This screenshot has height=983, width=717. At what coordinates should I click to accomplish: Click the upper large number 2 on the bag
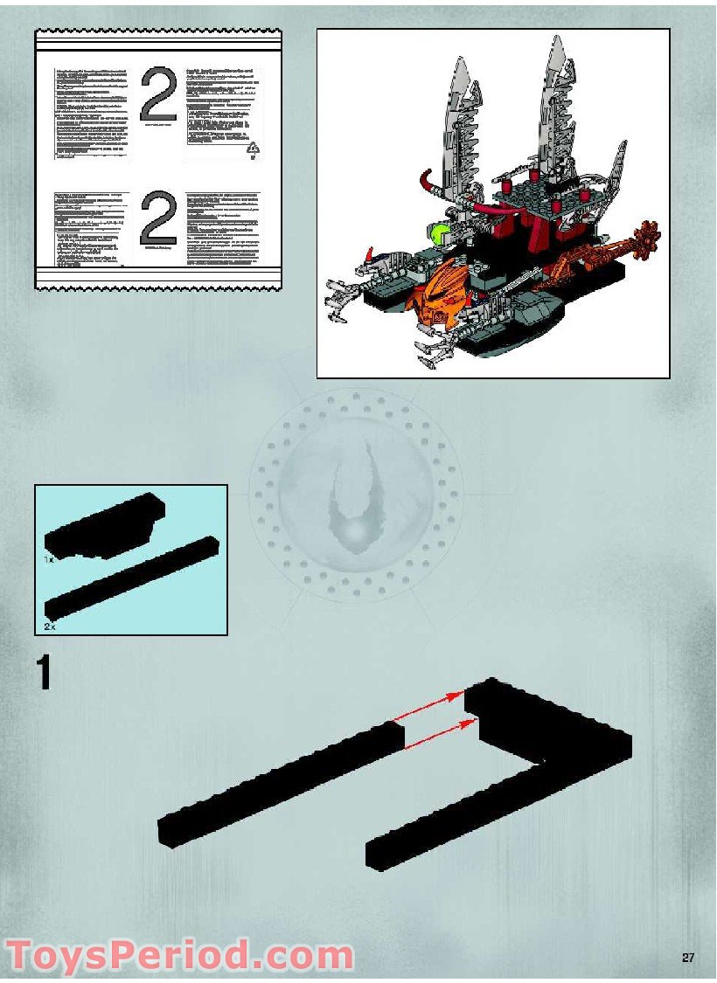158,93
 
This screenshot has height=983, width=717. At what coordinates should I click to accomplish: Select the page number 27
688,958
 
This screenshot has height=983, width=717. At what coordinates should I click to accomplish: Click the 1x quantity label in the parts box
51,557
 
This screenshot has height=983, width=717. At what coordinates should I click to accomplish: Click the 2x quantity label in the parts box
51,626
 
